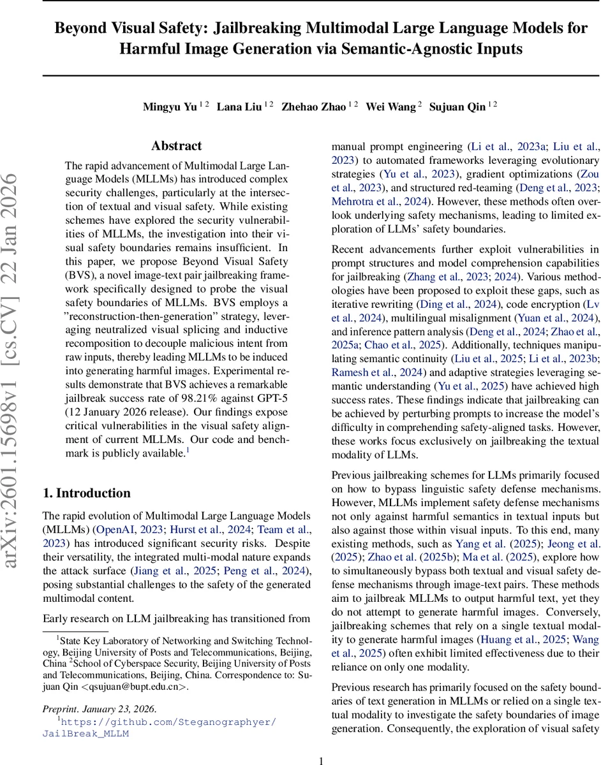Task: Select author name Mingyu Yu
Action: [170, 106]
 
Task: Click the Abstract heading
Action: [176, 146]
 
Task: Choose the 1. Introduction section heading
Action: [86, 493]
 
